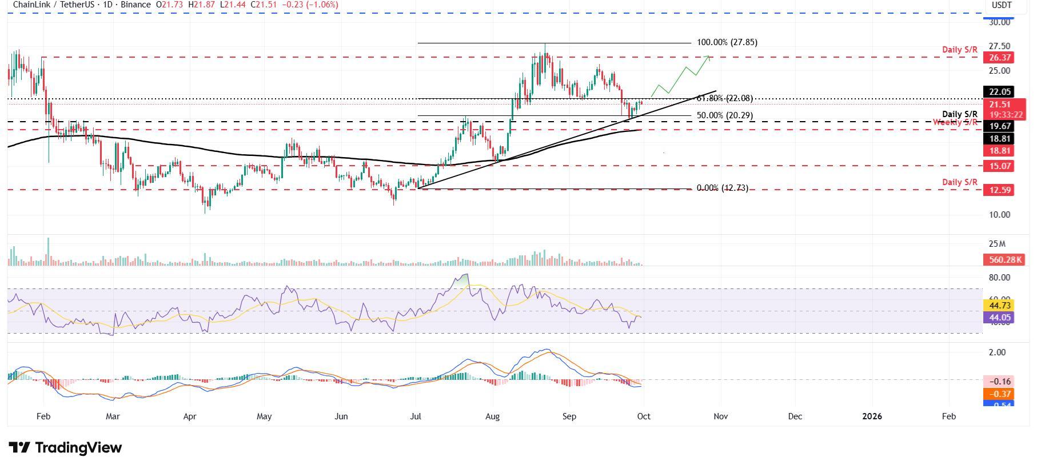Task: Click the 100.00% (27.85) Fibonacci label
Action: click(x=727, y=42)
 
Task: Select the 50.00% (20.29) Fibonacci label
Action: click(x=724, y=115)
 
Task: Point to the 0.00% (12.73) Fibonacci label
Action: click(x=722, y=188)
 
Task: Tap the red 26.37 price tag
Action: click(x=998, y=58)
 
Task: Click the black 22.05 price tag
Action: click(x=998, y=91)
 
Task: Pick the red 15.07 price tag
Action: click(x=998, y=166)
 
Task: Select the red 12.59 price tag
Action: click(x=998, y=190)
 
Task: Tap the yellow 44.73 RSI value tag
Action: click(x=998, y=306)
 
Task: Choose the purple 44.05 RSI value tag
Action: click(x=998, y=317)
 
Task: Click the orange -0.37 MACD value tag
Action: click(x=998, y=394)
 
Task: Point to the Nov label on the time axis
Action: click(x=720, y=416)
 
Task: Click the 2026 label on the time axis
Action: click(x=872, y=416)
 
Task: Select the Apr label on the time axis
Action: click(x=190, y=416)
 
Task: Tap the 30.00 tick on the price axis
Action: click(x=999, y=22)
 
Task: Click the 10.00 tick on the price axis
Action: click(x=999, y=215)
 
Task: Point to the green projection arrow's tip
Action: click(x=709, y=56)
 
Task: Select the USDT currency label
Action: click(x=1002, y=5)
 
